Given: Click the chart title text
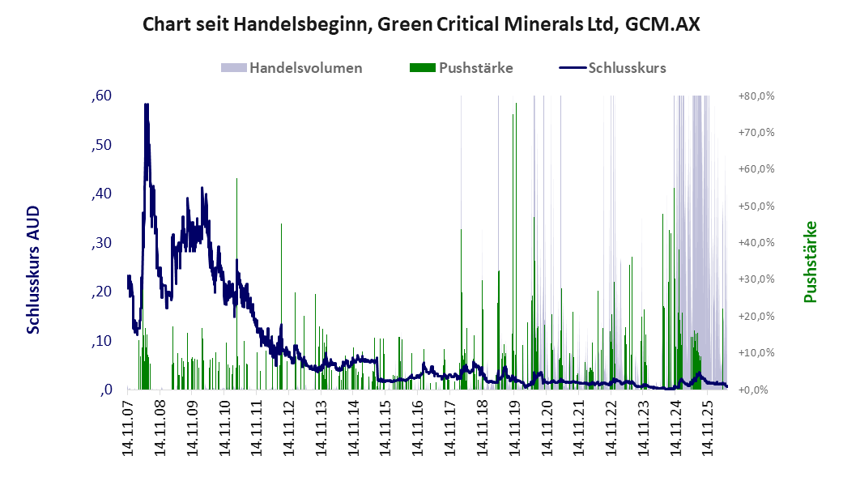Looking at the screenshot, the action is [x=421, y=24].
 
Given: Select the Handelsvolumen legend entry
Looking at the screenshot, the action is [x=292, y=68].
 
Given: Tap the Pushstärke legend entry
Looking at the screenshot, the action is [x=462, y=68].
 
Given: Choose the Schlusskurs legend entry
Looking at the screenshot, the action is [x=613, y=68].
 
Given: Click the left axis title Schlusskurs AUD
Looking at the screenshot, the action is [x=33, y=270].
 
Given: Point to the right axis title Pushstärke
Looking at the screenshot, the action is [x=810, y=262].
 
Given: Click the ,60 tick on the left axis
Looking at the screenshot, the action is [x=101, y=96].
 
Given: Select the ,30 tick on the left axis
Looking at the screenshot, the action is [x=101, y=243].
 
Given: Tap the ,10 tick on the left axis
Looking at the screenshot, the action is [x=101, y=341].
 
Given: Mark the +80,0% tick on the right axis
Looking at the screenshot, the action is [x=756, y=96].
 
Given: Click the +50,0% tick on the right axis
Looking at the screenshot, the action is [x=756, y=207].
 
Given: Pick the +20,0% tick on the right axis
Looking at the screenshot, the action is [x=756, y=316].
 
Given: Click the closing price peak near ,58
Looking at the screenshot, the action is [x=147, y=104].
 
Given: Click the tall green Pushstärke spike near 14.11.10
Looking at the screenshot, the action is [x=236, y=284].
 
